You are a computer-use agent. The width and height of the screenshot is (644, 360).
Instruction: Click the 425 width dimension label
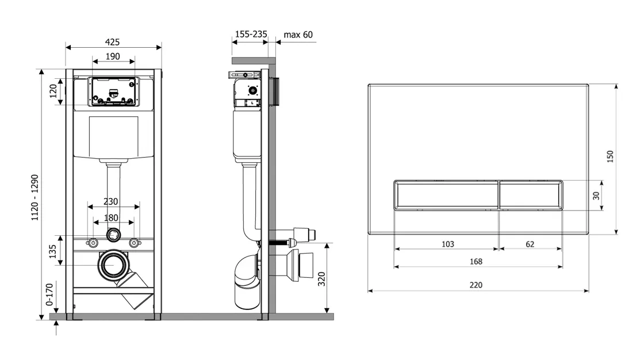tap(112, 42)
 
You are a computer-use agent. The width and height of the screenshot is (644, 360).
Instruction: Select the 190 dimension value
tap(113, 56)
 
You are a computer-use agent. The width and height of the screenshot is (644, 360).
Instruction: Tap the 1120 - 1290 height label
tap(35, 198)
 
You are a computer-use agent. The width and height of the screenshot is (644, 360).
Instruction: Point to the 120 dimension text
tap(53, 91)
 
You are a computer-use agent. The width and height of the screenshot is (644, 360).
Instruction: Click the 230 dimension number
tap(110, 201)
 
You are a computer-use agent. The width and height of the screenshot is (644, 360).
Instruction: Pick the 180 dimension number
tap(111, 218)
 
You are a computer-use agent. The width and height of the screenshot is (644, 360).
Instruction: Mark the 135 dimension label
tap(52, 251)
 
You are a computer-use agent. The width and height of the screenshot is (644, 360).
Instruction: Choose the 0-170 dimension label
tap(49, 294)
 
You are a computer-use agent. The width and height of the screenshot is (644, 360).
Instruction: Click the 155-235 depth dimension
tap(251, 34)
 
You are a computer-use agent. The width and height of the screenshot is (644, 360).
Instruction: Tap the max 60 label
tap(298, 35)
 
